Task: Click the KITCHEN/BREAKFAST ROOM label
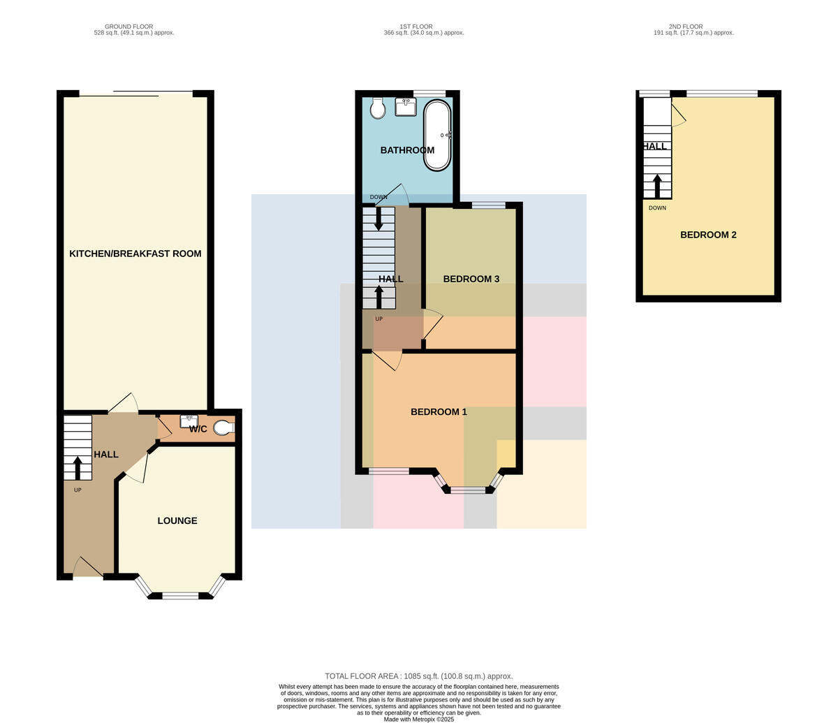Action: (x=135, y=254)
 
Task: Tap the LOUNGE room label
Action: (x=177, y=520)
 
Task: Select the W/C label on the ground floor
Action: (x=198, y=429)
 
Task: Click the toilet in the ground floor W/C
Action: (x=223, y=428)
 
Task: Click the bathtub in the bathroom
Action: (x=437, y=135)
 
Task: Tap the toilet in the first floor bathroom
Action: (x=377, y=108)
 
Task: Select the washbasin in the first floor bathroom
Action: (x=406, y=106)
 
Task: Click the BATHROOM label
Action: (x=407, y=150)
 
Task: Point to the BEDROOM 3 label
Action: (x=471, y=279)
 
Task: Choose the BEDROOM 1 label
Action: (x=439, y=412)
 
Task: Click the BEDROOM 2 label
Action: (x=708, y=235)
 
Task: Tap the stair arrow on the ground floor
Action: (x=78, y=468)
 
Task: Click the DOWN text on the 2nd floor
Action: (x=657, y=208)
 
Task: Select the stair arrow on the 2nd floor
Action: (x=657, y=186)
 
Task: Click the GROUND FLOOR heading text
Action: (x=129, y=27)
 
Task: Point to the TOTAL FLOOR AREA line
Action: (x=419, y=676)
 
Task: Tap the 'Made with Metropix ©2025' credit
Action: (x=419, y=720)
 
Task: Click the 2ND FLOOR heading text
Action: (x=686, y=27)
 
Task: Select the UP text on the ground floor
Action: (x=78, y=490)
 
